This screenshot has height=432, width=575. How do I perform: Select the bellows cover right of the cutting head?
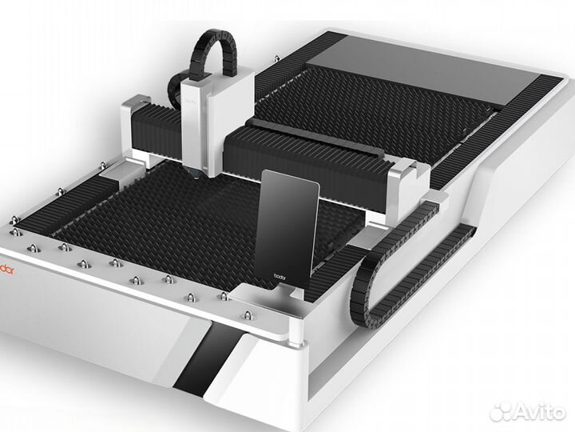[x=311, y=160]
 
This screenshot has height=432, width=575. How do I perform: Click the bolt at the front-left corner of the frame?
[x=14, y=232]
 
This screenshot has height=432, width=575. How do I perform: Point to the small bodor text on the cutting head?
[x=191, y=102]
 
